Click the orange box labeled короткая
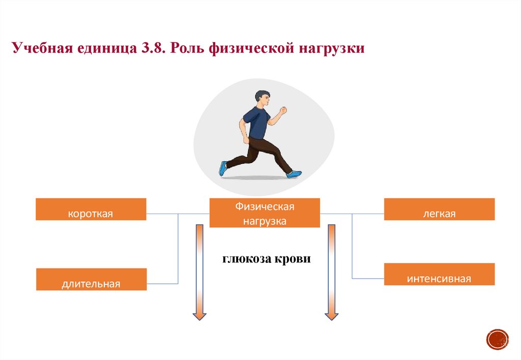coord(91,209)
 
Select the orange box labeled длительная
coord(91,279)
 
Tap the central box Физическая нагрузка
coord(265,213)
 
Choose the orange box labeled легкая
coord(439,209)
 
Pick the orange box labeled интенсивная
coord(439,274)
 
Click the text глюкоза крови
coord(266,258)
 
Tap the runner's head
coord(263,98)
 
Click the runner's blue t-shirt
coord(255,124)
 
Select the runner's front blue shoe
coord(294,174)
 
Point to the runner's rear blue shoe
coord(223,168)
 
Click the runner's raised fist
coord(283,110)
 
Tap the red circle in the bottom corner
coord(498,339)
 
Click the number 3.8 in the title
coord(151,49)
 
